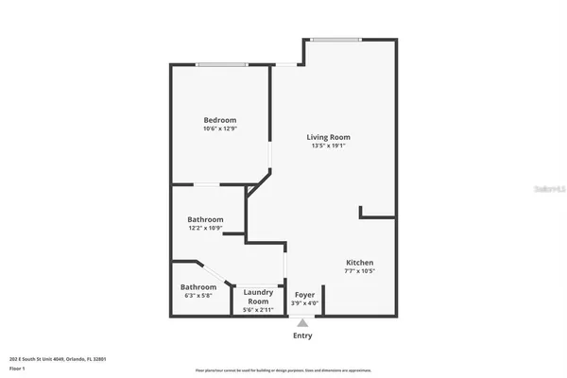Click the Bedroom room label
(x=220, y=120)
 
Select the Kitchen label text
(x=359, y=262)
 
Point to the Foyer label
(x=304, y=295)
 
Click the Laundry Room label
(x=258, y=297)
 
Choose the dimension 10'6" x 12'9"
(x=220, y=129)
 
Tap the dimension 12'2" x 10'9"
(x=205, y=228)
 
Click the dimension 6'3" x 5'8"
(x=198, y=295)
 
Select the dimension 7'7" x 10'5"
(x=359, y=270)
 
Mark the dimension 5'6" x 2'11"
(x=258, y=310)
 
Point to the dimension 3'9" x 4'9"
(x=304, y=303)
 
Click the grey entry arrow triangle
(x=302, y=323)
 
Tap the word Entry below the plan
(x=302, y=335)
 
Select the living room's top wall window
(x=336, y=40)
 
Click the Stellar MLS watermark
(x=547, y=189)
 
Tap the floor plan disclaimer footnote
(x=283, y=370)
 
